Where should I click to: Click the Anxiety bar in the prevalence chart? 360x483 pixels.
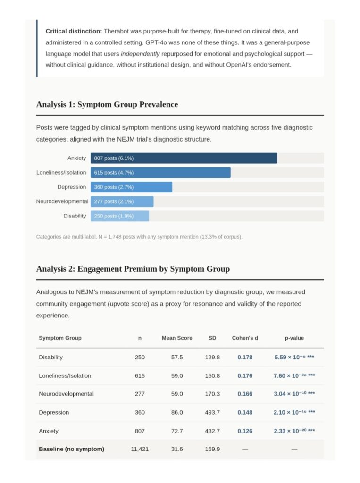tap(184, 158)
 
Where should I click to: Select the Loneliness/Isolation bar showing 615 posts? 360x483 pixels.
tap(160, 173)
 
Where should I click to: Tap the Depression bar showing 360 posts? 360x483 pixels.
tap(131, 187)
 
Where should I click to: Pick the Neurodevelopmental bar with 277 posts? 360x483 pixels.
tap(122, 201)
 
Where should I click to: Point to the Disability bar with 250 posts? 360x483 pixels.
tap(119, 216)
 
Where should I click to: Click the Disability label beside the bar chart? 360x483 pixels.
tap(75, 216)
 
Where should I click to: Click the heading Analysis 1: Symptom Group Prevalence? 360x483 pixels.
tap(107, 104)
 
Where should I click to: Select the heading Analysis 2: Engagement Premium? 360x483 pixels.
tap(133, 269)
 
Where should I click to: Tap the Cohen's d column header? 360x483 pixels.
tap(245, 338)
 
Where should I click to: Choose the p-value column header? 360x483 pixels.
tap(294, 338)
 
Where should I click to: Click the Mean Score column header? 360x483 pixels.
tap(177, 338)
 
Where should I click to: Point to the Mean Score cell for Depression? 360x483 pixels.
tap(177, 412)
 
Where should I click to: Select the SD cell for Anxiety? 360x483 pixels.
tap(212, 431)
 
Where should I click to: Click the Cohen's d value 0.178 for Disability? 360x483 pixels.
tap(245, 358)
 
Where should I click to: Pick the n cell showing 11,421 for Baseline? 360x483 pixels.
tap(140, 449)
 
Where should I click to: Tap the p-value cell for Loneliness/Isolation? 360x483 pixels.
tap(294, 376)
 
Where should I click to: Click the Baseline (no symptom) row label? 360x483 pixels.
tap(72, 449)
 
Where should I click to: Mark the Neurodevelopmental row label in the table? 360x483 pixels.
tap(66, 394)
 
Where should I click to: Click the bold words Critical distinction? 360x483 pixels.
tap(74, 31)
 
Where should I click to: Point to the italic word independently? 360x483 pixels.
tap(140, 54)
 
